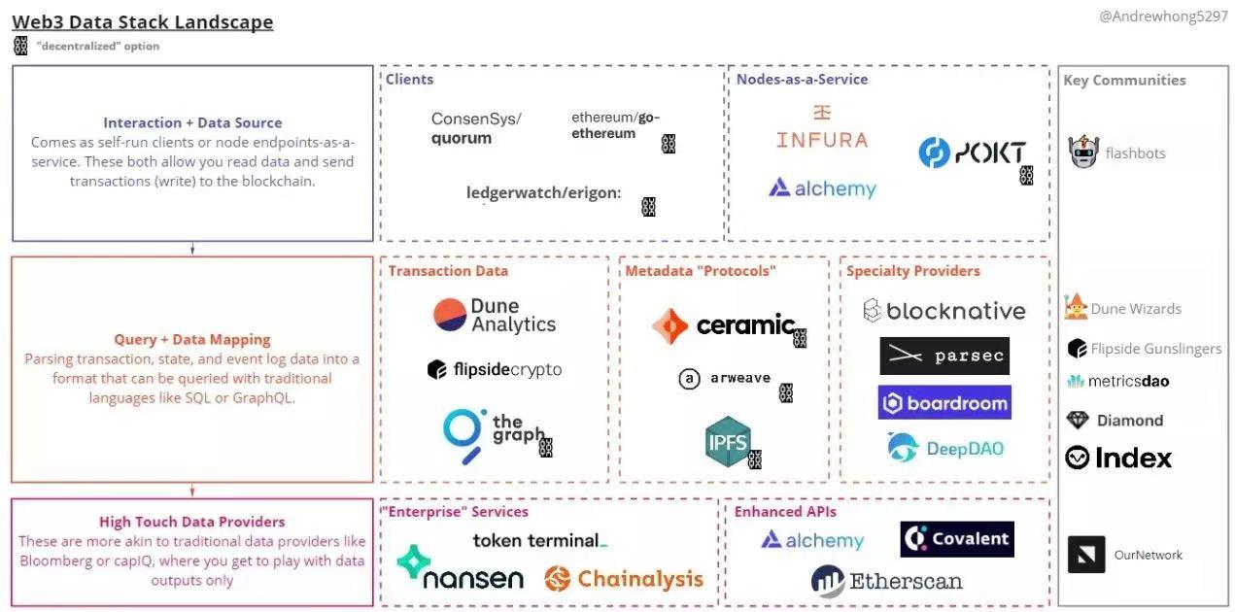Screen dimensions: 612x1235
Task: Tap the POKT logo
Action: (x=972, y=153)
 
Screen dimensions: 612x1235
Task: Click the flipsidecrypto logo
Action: (x=494, y=369)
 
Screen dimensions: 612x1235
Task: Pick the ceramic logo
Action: (x=724, y=325)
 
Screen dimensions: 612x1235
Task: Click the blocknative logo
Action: (x=943, y=311)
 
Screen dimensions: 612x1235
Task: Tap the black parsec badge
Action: (x=943, y=357)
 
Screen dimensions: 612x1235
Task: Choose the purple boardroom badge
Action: (x=943, y=402)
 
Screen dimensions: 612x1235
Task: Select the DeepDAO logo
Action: (x=944, y=448)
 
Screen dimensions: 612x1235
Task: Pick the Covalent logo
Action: (x=956, y=539)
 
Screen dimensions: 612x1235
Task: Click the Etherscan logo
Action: (x=886, y=582)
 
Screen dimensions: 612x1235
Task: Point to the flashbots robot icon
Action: (x=1083, y=153)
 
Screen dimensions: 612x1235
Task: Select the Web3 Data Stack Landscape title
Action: (x=142, y=21)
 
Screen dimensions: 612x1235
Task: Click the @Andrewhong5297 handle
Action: (x=1163, y=17)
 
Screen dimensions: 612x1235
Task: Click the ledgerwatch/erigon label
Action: (x=543, y=192)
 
